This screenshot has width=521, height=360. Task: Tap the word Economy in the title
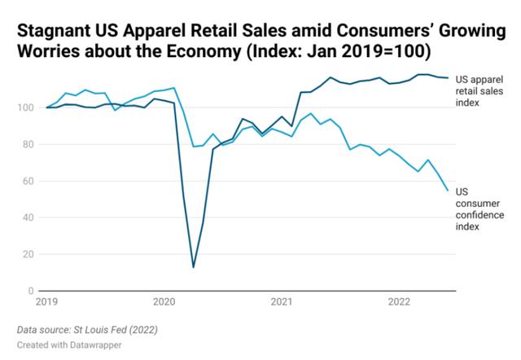(x=210, y=54)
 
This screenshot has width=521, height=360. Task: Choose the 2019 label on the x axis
(x=46, y=302)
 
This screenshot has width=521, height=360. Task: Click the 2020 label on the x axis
(x=164, y=302)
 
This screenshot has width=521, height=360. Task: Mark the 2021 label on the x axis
(x=282, y=302)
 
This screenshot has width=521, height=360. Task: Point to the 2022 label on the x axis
(x=399, y=302)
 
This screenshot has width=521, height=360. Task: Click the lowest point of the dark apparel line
(x=193, y=266)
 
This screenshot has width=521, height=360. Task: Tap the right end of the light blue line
(x=448, y=190)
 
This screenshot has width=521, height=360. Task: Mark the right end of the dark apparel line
(x=448, y=78)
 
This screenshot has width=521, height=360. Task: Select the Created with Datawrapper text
(x=70, y=346)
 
